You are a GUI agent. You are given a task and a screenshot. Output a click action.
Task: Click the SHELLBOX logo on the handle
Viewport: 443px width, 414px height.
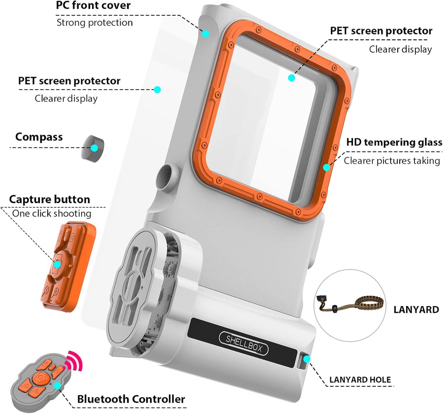click(x=243, y=343)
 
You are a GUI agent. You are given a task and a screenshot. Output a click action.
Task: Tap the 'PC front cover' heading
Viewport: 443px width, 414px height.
click(x=93, y=5)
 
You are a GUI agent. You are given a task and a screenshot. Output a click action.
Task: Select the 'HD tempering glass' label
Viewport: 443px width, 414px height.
click(x=394, y=142)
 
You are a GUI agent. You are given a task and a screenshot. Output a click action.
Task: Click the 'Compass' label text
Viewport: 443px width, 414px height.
click(x=39, y=137)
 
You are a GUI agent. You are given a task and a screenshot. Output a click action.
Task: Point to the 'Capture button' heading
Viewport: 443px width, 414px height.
click(x=49, y=199)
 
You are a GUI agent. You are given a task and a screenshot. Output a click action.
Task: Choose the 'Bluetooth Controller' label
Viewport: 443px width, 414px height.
click(x=131, y=399)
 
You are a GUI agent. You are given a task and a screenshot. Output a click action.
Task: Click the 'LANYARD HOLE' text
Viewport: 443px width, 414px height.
click(x=360, y=380)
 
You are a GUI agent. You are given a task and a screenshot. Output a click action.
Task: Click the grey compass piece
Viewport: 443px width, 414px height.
click(x=93, y=148)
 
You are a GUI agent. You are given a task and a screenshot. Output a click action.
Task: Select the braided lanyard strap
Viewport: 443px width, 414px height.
click(x=350, y=304)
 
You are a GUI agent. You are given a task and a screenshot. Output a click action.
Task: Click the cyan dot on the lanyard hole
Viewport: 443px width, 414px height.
click(x=307, y=359)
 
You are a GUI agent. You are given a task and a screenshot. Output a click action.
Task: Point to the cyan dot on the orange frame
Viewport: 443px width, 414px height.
click(x=326, y=168)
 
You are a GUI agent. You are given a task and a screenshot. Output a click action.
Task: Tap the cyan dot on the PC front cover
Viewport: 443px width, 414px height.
click(x=206, y=34)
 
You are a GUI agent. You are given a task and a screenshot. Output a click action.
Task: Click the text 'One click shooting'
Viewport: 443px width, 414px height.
click(x=52, y=213)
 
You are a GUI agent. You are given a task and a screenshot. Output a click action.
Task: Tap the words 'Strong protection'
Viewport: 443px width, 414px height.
click(x=95, y=22)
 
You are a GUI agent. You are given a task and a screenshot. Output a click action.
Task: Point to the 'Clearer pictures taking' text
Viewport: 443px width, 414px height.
click(x=392, y=161)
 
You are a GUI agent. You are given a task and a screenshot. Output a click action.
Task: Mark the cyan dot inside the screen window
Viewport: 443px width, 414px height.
click(x=291, y=78)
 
